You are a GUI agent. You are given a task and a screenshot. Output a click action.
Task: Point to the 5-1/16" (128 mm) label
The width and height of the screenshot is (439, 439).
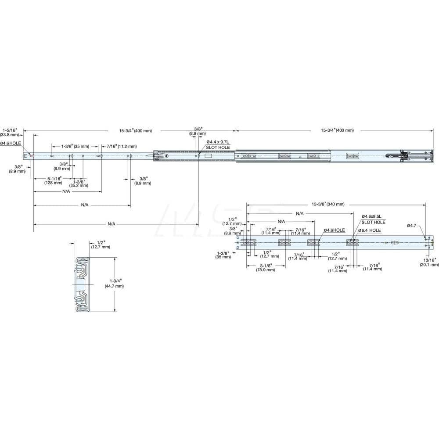pos(54,180)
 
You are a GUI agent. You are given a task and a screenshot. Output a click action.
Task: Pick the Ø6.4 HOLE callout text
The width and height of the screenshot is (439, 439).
pos(369,230)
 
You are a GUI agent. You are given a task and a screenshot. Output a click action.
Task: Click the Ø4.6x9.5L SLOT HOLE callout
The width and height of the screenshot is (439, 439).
pos(371,219)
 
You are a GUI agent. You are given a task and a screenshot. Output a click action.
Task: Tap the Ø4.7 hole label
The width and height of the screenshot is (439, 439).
pos(411,225)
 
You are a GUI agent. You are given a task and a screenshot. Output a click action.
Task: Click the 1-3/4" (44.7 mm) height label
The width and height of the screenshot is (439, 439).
pos(114,283)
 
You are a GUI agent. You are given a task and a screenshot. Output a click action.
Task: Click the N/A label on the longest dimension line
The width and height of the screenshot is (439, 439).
pos(112,224)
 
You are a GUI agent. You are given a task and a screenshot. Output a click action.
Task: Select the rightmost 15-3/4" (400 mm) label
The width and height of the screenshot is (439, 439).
pos(337,130)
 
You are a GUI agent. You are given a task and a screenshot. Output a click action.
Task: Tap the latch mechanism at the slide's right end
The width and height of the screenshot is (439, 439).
pos(410,155)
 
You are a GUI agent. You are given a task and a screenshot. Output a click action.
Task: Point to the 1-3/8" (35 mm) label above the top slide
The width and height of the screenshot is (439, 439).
pos(75,146)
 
